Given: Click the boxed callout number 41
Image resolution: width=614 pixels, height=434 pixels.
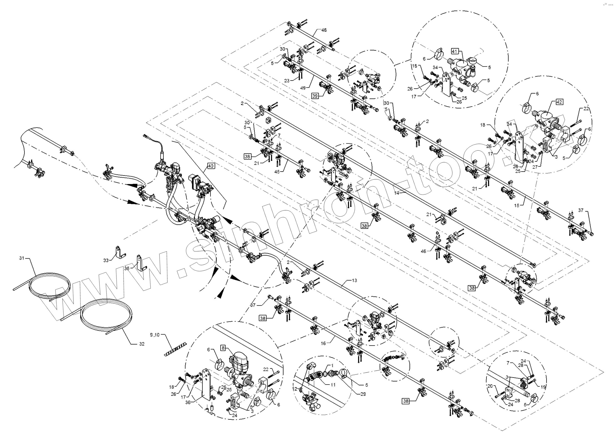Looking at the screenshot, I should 455,51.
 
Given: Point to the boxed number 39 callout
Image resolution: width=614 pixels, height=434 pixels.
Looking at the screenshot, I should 315,96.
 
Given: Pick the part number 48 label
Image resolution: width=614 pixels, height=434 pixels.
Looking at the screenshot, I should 324,30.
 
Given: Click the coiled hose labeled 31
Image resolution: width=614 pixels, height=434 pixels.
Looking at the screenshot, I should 50,287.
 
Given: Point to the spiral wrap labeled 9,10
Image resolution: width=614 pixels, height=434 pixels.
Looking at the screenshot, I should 175,349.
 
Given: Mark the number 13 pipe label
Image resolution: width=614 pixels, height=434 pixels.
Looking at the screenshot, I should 354,280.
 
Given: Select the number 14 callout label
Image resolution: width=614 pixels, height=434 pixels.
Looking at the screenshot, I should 397,193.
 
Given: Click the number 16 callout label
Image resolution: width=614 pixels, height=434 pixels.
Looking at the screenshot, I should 323,343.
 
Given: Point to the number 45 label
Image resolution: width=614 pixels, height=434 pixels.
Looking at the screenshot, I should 277,172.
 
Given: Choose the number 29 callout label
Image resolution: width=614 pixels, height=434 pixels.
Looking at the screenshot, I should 363,394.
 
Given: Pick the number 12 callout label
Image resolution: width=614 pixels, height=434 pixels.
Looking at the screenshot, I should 295,389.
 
